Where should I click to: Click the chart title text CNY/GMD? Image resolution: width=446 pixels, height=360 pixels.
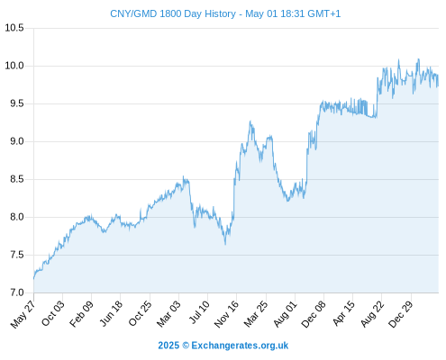point(133,13)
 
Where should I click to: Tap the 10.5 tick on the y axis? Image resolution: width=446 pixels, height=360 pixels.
point(14,28)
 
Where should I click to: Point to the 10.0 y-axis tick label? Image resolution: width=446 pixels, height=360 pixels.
point(14,66)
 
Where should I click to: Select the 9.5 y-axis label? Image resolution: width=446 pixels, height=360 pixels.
point(17,103)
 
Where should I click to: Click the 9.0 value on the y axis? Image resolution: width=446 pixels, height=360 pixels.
point(17,141)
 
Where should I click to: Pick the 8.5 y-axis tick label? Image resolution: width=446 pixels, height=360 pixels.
point(17,179)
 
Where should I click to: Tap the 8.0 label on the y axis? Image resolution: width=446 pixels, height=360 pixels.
point(17,217)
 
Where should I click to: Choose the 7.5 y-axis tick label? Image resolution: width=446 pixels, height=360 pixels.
point(17,255)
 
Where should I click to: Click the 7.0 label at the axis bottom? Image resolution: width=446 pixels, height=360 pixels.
point(17,292)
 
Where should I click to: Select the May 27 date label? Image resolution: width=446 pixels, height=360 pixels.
point(23,314)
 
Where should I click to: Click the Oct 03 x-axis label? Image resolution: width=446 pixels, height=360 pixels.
point(52,314)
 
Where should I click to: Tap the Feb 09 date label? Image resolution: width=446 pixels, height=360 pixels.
point(81,314)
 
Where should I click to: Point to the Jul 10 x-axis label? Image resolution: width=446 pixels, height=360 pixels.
point(199,312)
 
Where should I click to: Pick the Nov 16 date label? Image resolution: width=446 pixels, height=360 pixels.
point(226,314)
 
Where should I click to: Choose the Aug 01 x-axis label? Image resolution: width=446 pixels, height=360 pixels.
point(285,314)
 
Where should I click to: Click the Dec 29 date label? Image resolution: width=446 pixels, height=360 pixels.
point(400,314)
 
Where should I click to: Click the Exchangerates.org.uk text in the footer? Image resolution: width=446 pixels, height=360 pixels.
point(240,346)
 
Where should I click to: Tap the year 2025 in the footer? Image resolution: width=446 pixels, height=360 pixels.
point(168,346)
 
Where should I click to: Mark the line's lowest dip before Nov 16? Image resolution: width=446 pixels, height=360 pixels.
point(225,245)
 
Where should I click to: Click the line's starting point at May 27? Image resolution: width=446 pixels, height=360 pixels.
point(34,279)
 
